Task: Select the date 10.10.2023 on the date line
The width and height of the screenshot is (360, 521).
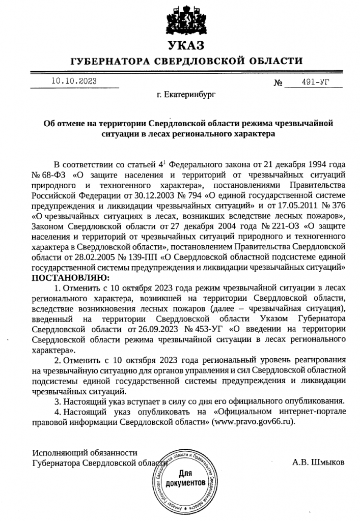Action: (x=74, y=80)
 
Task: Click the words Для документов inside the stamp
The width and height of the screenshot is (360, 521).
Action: (x=184, y=479)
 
